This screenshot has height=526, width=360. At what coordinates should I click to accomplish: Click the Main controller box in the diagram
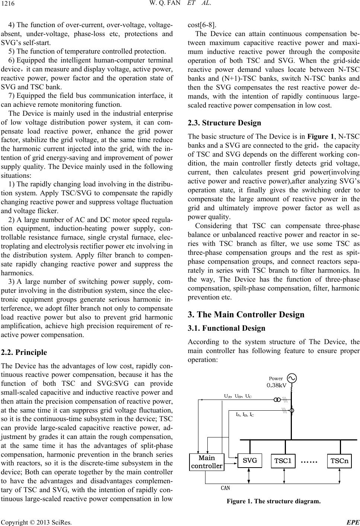point(207,462)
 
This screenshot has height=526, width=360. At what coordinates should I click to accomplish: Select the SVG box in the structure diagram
point(250,460)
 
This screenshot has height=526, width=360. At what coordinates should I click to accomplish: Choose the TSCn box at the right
point(340,461)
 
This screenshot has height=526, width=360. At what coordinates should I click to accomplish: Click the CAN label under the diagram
point(226,487)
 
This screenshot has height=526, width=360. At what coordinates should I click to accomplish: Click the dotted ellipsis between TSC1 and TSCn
point(309,462)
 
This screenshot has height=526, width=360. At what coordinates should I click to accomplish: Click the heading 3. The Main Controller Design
point(246,314)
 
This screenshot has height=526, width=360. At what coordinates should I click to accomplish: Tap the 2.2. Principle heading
point(24,352)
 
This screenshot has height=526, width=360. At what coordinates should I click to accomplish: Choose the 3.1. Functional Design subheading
point(227,328)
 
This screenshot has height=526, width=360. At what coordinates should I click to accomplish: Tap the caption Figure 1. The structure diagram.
point(273,501)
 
